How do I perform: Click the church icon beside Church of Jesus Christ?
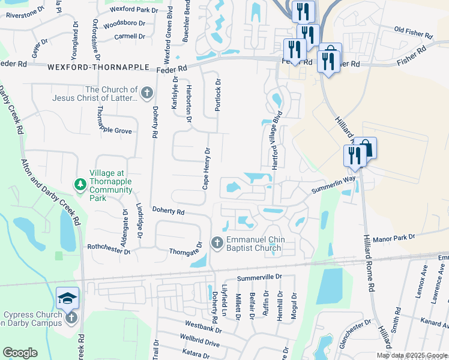click(x=148, y=93)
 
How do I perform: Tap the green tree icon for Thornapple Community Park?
click(x=79, y=184)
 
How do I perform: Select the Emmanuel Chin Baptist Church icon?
click(x=217, y=243)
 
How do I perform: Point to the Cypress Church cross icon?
click(x=71, y=317)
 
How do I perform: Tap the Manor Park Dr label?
click(x=394, y=238)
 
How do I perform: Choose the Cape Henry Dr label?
click(x=206, y=169)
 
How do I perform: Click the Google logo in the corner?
click(x=20, y=353)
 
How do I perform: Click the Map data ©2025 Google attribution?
click(x=412, y=355)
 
